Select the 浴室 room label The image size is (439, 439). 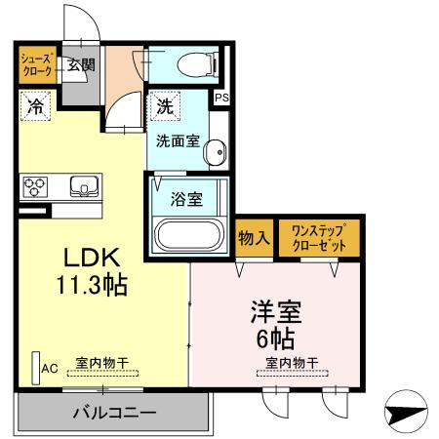[x=186, y=200]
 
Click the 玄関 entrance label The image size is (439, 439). [x=81, y=66]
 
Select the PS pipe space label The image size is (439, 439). [x=221, y=98]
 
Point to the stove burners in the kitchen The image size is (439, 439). [x=37, y=184]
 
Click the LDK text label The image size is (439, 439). [x=92, y=259]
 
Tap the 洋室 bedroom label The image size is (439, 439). [x=276, y=315]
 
